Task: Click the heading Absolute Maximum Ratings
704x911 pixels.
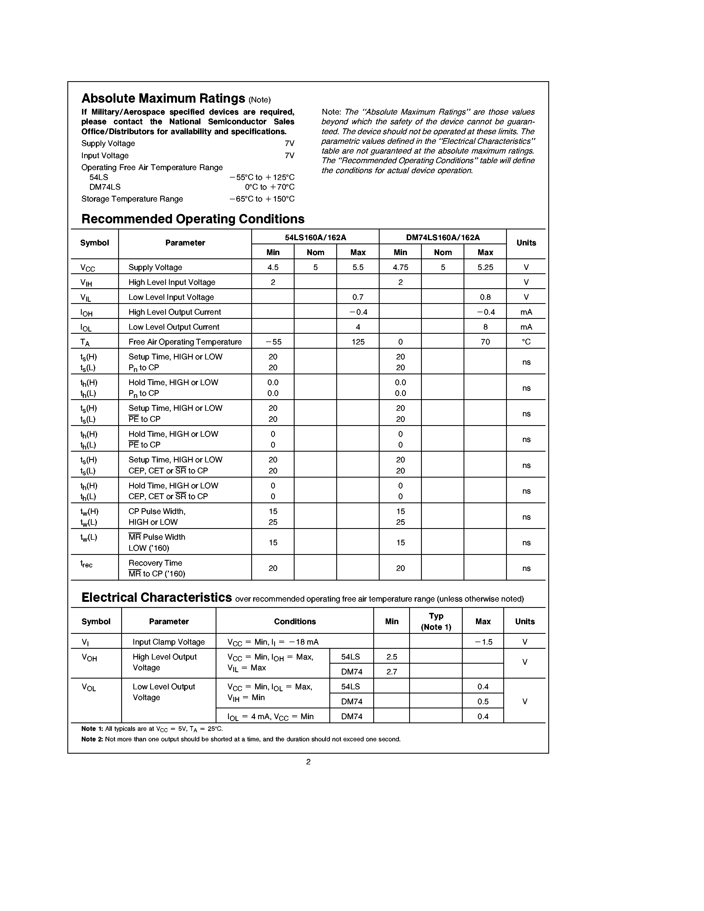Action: coord(163,99)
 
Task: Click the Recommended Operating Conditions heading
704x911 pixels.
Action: coord(193,219)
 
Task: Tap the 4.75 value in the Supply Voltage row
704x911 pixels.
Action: coord(400,268)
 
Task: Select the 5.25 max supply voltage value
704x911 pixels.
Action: coord(485,268)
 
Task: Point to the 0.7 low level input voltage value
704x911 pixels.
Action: coord(358,297)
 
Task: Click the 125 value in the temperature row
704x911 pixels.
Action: coord(358,342)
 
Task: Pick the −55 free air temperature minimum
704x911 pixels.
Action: coord(273,342)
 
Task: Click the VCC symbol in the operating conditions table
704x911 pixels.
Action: coord(88,268)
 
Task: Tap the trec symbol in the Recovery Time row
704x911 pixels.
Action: coord(86,564)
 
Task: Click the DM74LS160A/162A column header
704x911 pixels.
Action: coord(443,237)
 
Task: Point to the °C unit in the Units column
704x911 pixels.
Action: coord(526,342)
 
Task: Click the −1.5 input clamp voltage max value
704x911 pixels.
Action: coord(483,642)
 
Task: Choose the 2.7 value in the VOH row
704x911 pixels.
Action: coord(392,672)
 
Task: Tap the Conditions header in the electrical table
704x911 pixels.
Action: coord(295,621)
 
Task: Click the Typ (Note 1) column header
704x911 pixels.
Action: coord(436,621)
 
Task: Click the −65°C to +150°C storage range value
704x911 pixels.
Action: coord(262,199)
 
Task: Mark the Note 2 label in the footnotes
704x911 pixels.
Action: coord(92,739)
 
